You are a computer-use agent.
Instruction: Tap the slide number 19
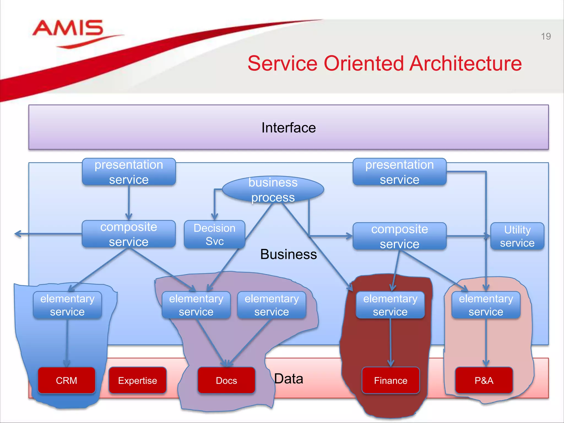pyautogui.click(x=546, y=36)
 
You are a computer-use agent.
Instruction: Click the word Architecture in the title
pyautogui.click(x=465, y=64)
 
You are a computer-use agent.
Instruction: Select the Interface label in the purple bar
pyautogui.click(x=288, y=128)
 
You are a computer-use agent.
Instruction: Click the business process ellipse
pyautogui.click(x=273, y=190)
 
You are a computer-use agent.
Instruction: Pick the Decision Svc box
pyautogui.click(x=214, y=235)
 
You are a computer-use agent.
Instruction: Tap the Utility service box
pyautogui.click(x=517, y=236)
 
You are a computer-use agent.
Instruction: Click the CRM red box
pyautogui.click(x=66, y=380)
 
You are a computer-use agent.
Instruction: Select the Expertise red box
pyautogui.click(x=137, y=380)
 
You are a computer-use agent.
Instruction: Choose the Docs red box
pyautogui.click(x=226, y=380)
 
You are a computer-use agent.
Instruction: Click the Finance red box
pyautogui.click(x=390, y=380)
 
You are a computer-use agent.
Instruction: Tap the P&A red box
pyautogui.click(x=484, y=380)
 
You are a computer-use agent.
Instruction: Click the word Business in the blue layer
pyautogui.click(x=288, y=254)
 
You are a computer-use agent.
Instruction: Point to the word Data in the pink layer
pyautogui.click(x=289, y=379)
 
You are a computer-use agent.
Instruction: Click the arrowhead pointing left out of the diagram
pyautogui.click(x=17, y=234)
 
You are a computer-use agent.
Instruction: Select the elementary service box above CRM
pyautogui.click(x=67, y=305)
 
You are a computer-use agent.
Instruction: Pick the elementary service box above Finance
pyautogui.click(x=390, y=305)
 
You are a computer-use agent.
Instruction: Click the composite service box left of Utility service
pyautogui.click(x=399, y=236)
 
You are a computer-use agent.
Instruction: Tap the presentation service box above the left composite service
pyautogui.click(x=129, y=172)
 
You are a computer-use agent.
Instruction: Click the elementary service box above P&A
pyautogui.click(x=486, y=305)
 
